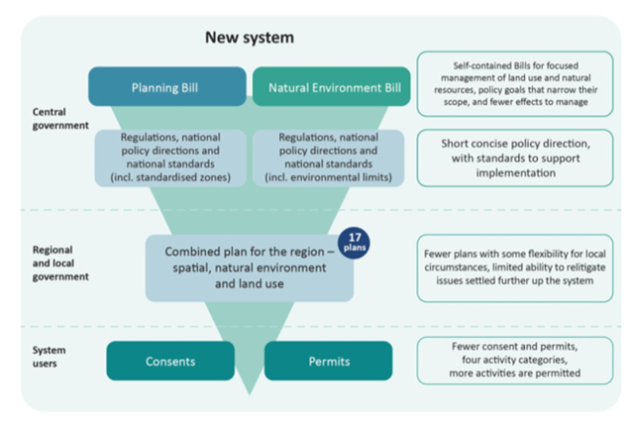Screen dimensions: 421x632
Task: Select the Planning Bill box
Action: pos(166,86)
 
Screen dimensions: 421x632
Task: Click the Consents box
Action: pos(170,361)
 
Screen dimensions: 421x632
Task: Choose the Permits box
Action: pos(328,361)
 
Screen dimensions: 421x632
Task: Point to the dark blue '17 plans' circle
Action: pos(353,242)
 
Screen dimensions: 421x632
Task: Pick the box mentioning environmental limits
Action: pos(327,158)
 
